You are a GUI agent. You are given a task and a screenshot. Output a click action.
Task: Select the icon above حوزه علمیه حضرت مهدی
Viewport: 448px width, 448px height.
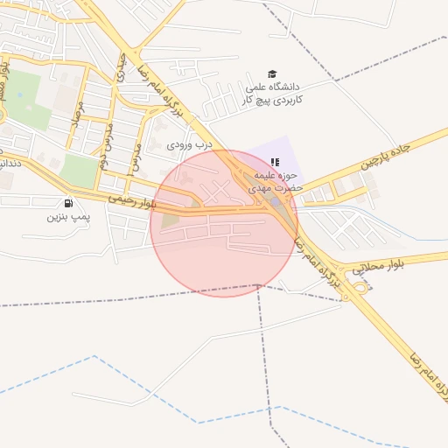[x=275, y=162]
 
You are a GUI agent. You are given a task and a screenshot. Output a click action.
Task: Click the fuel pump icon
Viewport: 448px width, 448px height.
[x=68, y=203]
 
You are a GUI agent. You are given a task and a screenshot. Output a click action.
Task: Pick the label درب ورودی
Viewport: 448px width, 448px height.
[x=190, y=143]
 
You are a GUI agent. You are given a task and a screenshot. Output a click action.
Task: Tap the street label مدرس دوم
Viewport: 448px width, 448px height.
[x=102, y=144]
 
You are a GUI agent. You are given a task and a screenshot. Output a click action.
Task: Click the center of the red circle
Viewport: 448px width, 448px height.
[x=224, y=223]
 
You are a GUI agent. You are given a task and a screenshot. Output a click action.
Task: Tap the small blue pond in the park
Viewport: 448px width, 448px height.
[x=18, y=94]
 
